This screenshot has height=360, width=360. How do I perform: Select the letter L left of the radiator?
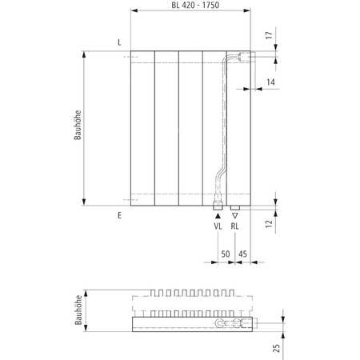point(118,42)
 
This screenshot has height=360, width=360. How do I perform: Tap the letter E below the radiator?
point(118,216)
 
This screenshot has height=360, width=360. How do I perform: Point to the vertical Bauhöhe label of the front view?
point(77,128)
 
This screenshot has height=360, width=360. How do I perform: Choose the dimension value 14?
point(271,83)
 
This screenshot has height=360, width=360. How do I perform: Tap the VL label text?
point(218,227)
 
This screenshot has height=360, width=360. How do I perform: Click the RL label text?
point(235,227)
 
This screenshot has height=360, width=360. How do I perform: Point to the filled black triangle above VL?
point(218,215)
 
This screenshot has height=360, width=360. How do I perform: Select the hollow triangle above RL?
point(234,215)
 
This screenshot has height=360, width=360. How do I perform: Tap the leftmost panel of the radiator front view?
point(143,128)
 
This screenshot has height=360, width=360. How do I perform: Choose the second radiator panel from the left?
point(167,128)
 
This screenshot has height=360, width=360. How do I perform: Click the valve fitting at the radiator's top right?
point(242,57)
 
